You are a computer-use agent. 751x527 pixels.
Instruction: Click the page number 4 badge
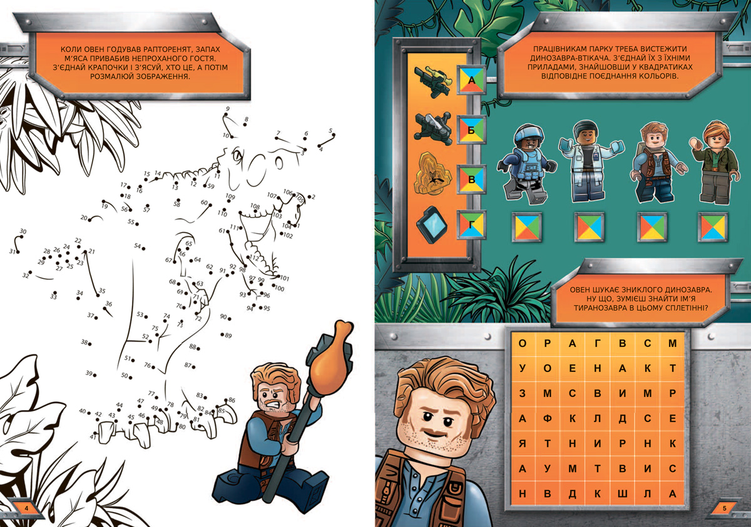tap(27, 508)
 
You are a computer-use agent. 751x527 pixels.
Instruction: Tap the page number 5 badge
tap(725, 508)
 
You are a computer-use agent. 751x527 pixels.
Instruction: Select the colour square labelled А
tap(472, 80)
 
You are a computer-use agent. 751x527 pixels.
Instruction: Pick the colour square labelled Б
tap(472, 130)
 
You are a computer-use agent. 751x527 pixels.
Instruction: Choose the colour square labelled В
tap(472, 179)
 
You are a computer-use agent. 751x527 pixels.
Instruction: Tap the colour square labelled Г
tap(472, 224)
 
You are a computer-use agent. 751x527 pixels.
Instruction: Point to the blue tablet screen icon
tap(432, 225)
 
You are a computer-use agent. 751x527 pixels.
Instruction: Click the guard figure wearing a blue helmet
tap(527, 164)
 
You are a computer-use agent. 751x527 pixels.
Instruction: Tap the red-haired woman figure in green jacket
tap(715, 163)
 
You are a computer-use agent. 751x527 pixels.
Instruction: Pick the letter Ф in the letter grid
tap(547, 418)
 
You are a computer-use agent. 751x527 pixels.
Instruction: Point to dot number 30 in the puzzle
tap(21, 237)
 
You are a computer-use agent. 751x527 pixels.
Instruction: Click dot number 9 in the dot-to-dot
tap(226, 114)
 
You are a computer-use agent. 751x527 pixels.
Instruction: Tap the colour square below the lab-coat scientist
tap(590, 227)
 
